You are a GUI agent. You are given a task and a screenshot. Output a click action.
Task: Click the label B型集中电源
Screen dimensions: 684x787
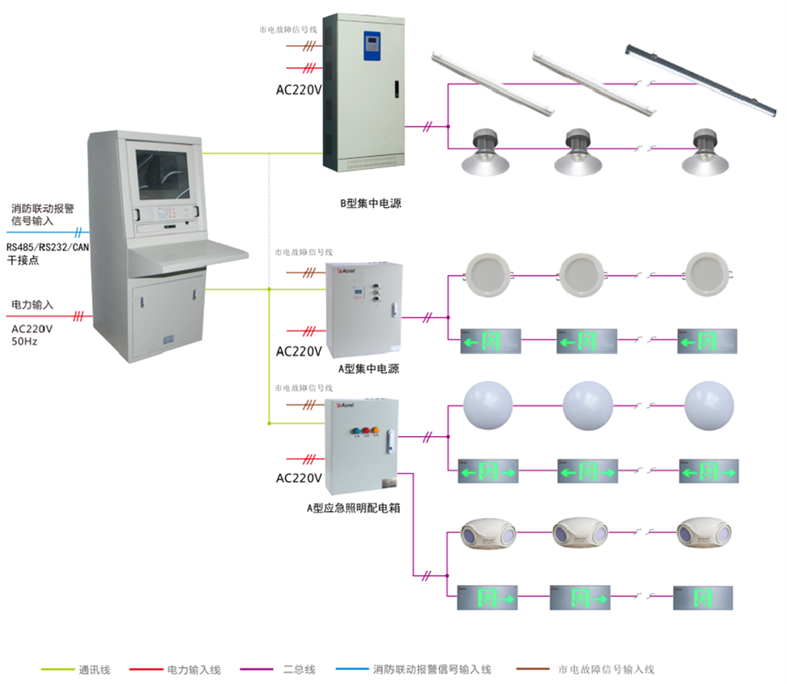370,204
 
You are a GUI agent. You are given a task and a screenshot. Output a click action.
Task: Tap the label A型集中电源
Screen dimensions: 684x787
369,369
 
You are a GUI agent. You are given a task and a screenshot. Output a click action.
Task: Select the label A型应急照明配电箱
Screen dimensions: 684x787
353,508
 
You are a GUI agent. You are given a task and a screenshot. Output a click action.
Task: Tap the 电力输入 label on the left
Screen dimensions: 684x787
32,304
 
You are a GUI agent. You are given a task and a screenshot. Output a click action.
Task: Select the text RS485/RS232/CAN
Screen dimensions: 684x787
48,247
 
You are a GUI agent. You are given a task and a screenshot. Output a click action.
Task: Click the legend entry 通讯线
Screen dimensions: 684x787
94,670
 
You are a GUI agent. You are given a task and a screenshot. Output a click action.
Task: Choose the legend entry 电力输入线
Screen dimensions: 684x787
194,670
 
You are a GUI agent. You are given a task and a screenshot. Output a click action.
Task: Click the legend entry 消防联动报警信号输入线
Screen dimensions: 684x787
431,670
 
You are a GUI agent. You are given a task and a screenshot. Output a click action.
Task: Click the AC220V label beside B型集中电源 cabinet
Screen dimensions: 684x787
299,89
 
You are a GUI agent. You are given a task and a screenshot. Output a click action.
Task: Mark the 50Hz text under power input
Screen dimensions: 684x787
24,341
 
